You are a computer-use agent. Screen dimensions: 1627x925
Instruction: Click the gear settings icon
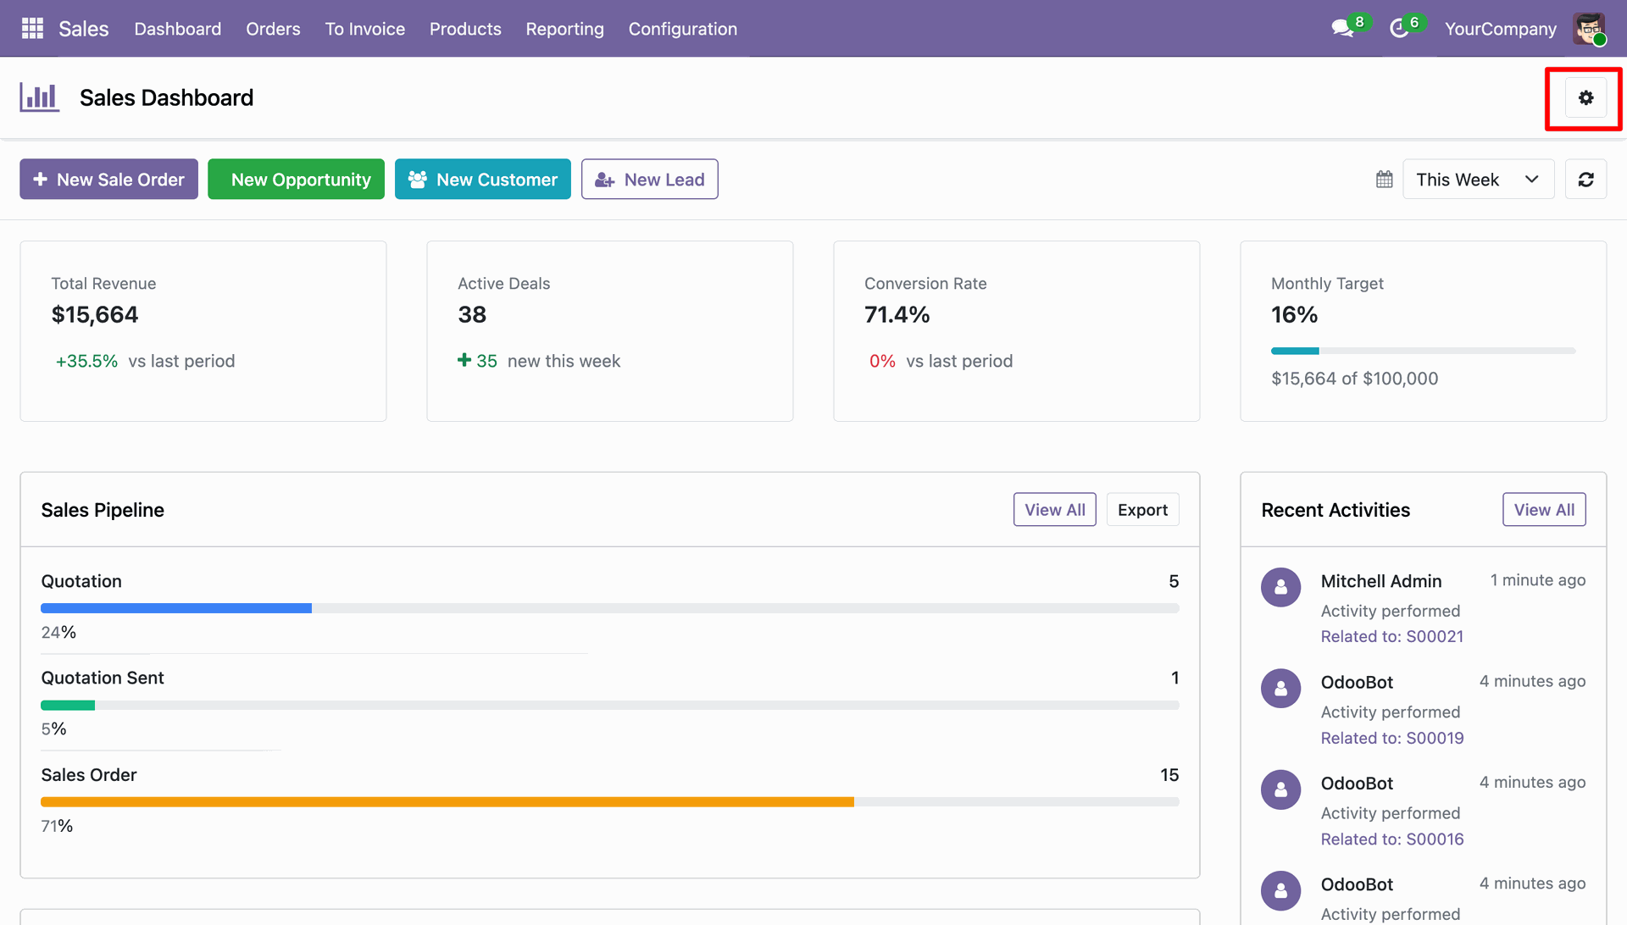(1585, 98)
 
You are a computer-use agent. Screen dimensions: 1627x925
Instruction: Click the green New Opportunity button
(296, 180)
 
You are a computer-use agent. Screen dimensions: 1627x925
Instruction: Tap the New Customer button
(483, 180)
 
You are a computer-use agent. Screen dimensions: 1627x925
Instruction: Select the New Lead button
(650, 180)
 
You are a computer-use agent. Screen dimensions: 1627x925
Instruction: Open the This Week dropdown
(1478, 180)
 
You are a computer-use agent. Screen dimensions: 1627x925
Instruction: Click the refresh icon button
(1585, 180)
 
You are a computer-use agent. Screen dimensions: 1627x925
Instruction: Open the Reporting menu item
(564, 29)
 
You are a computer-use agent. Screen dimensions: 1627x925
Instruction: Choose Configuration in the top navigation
(683, 29)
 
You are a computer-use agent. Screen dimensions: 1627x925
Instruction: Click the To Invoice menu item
(365, 29)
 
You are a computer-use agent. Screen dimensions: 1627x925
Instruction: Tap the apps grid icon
(32, 29)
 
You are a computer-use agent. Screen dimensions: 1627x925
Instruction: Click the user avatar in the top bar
(1589, 29)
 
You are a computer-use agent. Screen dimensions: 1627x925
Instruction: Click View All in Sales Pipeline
(1055, 510)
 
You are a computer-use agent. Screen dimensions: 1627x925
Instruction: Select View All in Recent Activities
(1544, 510)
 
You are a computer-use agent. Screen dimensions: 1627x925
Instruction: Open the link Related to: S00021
(1392, 637)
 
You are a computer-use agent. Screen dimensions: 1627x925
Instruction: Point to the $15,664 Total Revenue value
(95, 315)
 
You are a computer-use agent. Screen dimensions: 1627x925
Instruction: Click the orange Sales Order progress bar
(447, 802)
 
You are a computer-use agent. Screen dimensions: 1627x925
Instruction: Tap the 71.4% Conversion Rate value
(897, 315)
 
